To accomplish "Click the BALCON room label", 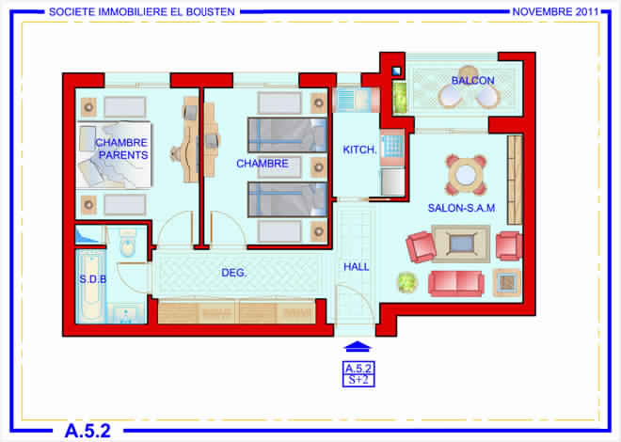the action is click(x=473, y=80).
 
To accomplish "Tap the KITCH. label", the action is click(x=359, y=150).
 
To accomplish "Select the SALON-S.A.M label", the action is click(x=461, y=208).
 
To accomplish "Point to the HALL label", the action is click(x=357, y=267).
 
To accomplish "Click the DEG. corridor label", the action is click(x=233, y=273).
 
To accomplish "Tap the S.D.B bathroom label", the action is click(x=92, y=279).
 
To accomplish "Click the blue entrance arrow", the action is click(x=358, y=347).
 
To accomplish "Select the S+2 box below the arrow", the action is click(x=358, y=380).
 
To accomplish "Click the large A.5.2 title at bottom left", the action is click(x=88, y=431).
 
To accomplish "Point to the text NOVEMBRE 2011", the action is click(x=555, y=12).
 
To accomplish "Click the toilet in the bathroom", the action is click(x=128, y=243).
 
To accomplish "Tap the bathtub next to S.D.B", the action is click(x=90, y=287).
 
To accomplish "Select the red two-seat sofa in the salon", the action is click(x=455, y=283).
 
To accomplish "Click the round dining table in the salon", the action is click(x=466, y=175).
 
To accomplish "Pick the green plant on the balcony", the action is click(x=400, y=98).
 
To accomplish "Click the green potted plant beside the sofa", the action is click(x=406, y=282).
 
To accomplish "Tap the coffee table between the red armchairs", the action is click(x=461, y=244).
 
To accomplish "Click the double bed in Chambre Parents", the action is click(x=114, y=154).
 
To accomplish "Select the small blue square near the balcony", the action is click(x=396, y=71).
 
